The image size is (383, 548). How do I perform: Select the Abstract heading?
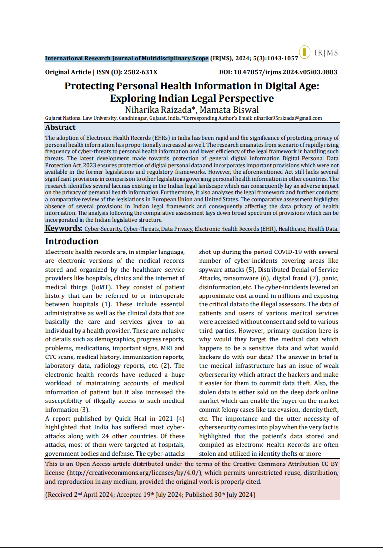point(60,127)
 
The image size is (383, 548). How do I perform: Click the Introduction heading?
point(72,241)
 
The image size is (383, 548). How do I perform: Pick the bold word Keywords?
point(63,228)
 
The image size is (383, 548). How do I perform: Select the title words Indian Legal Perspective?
point(211,98)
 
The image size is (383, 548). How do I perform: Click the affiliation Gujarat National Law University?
point(81,118)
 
